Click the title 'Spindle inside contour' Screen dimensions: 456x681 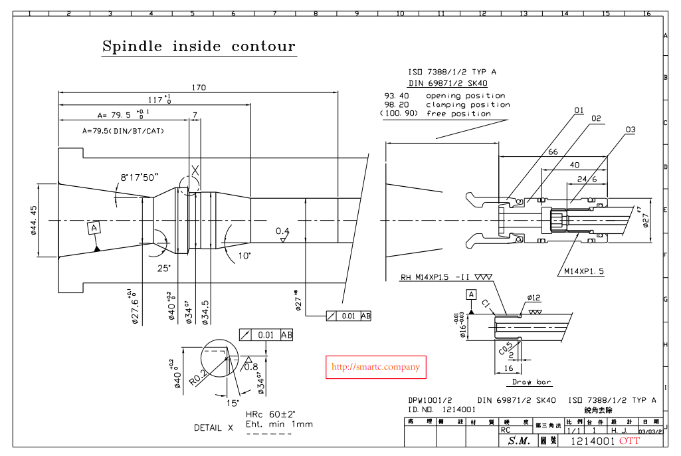pos(198,47)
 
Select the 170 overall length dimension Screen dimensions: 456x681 pos(199,87)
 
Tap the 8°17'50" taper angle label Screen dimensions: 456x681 pos(140,177)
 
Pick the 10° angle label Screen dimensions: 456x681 pos(244,255)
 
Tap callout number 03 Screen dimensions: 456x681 pos(631,129)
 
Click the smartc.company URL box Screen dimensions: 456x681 pos(375,367)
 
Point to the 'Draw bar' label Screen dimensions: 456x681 pos(532,382)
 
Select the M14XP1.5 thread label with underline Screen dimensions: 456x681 pos(584,271)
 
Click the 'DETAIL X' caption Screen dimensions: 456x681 pos(213,427)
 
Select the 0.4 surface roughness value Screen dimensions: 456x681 pos(283,231)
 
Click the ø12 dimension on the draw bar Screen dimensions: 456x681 pos(534,297)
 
